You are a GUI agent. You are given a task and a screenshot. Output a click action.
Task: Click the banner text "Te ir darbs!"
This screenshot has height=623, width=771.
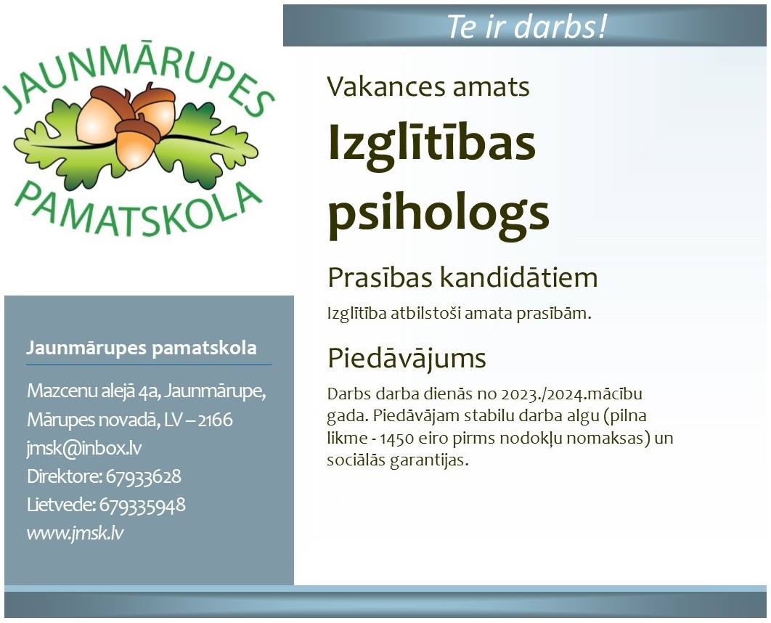(526, 26)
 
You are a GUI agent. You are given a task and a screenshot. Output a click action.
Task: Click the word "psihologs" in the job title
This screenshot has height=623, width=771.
(438, 213)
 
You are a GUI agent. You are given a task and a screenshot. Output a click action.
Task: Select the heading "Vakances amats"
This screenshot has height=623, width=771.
(428, 86)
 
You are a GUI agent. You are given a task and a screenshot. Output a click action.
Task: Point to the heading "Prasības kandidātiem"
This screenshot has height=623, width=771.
(462, 277)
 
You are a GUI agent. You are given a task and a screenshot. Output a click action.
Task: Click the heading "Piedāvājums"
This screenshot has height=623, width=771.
(407, 359)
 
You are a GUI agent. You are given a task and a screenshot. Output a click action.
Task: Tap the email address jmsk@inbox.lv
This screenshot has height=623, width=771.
(84, 448)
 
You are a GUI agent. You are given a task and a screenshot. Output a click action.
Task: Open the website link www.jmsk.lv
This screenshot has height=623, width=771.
(76, 533)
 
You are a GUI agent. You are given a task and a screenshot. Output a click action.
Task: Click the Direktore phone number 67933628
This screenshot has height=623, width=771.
(144, 476)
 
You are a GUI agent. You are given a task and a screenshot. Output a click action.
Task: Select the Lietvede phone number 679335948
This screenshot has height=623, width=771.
(142, 505)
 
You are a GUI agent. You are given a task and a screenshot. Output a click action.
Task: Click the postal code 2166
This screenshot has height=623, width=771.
(216, 420)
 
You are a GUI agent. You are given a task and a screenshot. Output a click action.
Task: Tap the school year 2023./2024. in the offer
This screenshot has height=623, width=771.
(544, 394)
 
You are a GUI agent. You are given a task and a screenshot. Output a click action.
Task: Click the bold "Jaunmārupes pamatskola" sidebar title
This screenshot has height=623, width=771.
(142, 348)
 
